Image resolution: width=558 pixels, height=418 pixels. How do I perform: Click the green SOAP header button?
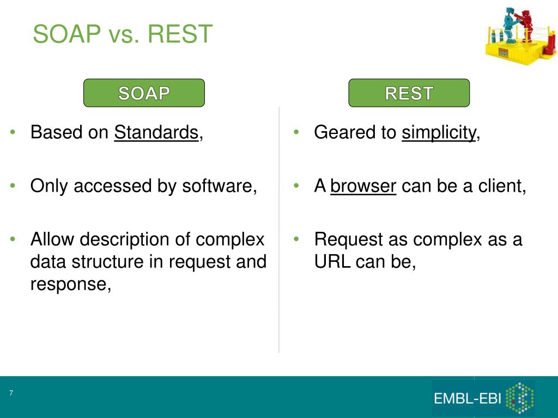144,93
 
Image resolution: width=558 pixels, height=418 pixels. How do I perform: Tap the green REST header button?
409,93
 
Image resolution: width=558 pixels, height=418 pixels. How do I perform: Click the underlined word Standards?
156,132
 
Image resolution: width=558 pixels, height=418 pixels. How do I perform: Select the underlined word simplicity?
439,133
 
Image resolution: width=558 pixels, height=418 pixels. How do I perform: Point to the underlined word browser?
363,186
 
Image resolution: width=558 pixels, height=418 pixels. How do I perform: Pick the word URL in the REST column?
332,262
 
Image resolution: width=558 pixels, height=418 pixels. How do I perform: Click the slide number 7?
11,393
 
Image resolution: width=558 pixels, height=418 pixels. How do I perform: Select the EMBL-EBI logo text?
467,398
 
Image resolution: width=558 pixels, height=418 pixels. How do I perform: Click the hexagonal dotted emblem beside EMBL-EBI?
520,398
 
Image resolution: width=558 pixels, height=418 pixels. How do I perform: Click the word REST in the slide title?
180,34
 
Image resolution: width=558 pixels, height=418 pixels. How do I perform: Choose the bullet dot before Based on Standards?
13,132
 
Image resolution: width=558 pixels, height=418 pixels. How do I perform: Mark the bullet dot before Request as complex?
296,239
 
